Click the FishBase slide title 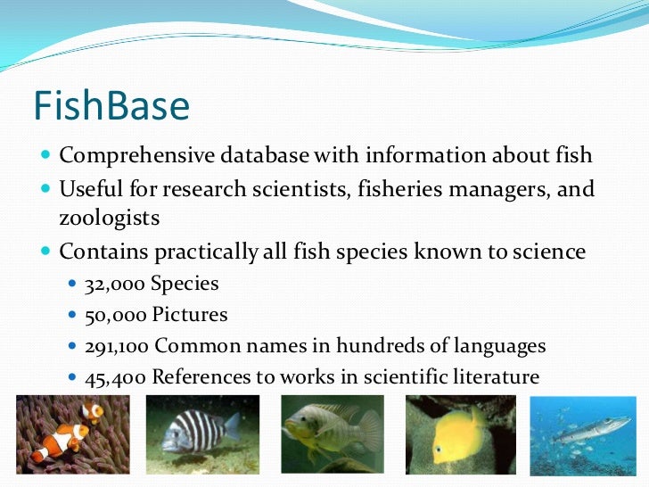click(111, 107)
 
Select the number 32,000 click(114, 285)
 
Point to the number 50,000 click(114, 315)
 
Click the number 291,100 click(116, 345)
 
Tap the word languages click(501, 345)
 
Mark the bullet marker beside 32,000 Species click(73, 285)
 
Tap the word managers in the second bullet click(505, 189)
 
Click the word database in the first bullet click(263, 155)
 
